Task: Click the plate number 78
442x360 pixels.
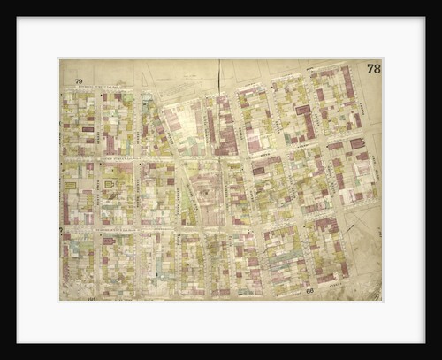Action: pyautogui.click(x=373, y=68)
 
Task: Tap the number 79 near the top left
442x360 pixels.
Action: pyautogui.click(x=79, y=81)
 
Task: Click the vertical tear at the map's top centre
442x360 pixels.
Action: pyautogui.click(x=218, y=75)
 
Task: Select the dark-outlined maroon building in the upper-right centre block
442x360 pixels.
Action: pyautogui.click(x=303, y=111)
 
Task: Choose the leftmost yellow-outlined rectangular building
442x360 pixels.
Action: pyautogui.click(x=70, y=186)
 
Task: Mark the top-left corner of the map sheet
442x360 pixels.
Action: pyautogui.click(x=59, y=59)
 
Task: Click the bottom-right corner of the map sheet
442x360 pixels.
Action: pyautogui.click(x=382, y=301)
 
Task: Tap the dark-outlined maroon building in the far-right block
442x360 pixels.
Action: pyautogui.click(x=357, y=142)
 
